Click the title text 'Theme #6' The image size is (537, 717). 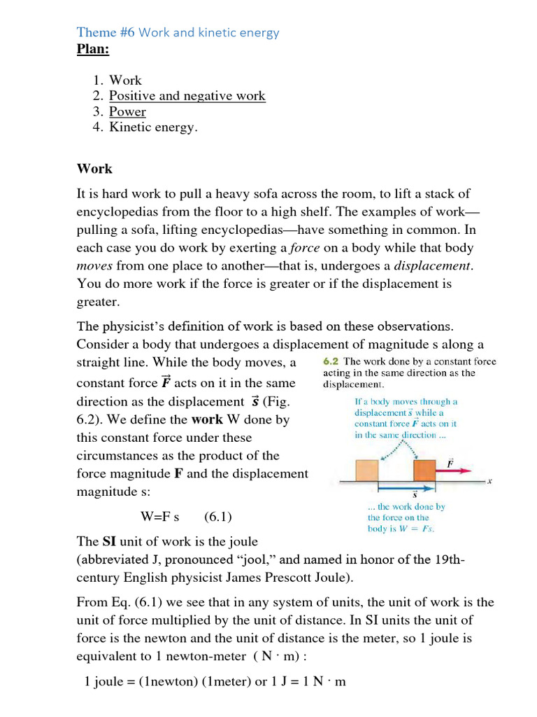106,32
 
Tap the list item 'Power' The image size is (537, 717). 127,112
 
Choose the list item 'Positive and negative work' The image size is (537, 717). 187,96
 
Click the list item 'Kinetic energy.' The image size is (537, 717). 153,127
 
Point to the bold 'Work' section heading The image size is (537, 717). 94,169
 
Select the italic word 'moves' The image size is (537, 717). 94,266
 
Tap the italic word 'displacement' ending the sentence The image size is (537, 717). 433,266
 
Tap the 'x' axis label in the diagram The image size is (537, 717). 490,481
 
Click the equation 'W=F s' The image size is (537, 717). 160,517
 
